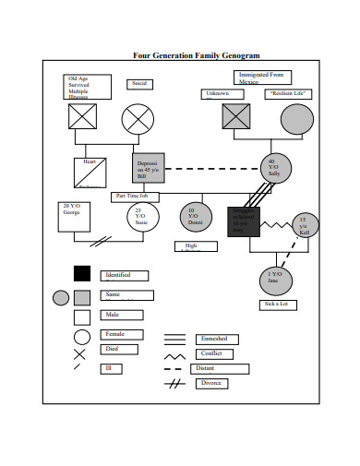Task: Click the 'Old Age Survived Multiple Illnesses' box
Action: pos(88,87)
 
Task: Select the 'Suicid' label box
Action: pos(140,84)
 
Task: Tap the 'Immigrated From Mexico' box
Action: pos(261,78)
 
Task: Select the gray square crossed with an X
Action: pos(235,118)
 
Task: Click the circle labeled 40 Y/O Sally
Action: pos(273,169)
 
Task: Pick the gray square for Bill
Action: pos(148,170)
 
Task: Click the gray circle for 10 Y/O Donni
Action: pos(194,218)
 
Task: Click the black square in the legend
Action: pos(82,273)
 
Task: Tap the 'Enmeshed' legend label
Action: pos(213,339)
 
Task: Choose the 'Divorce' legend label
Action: pos(210,383)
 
